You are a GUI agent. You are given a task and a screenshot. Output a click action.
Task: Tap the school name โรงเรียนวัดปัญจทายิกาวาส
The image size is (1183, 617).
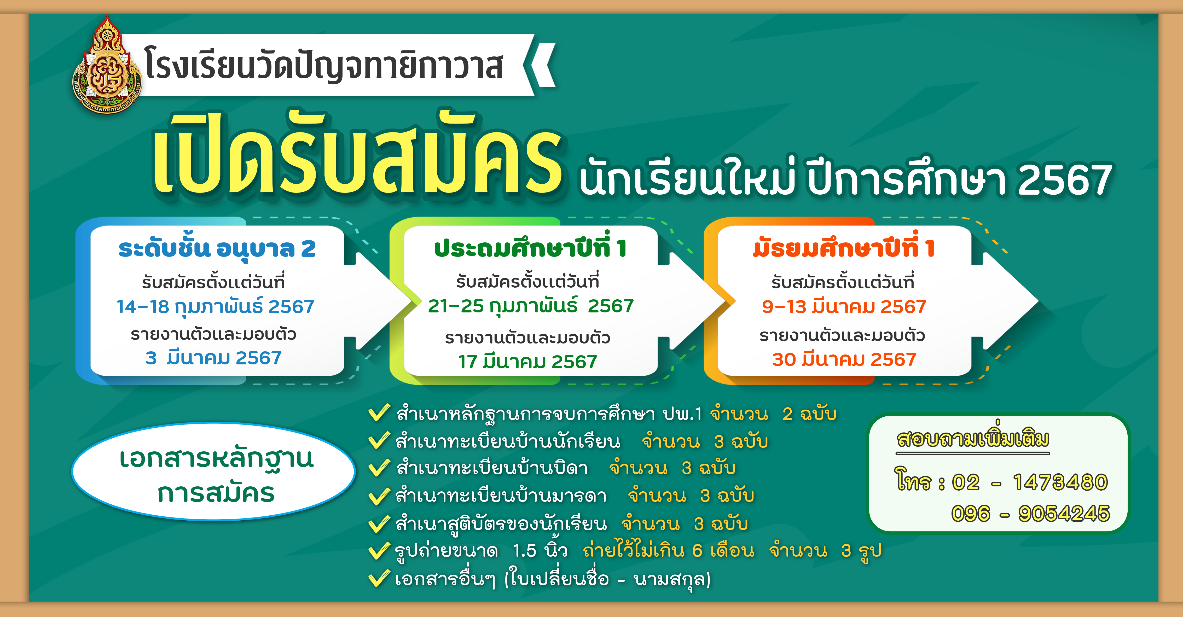[324, 66]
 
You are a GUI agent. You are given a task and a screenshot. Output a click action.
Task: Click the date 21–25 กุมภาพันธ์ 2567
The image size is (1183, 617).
[531, 306]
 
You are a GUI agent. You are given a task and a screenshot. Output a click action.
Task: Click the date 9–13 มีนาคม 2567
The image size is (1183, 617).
[844, 306]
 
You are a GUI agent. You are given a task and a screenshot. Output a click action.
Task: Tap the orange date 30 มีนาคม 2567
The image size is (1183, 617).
[844, 359]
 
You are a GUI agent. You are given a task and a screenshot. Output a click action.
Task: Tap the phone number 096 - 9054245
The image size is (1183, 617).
[1030, 513]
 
